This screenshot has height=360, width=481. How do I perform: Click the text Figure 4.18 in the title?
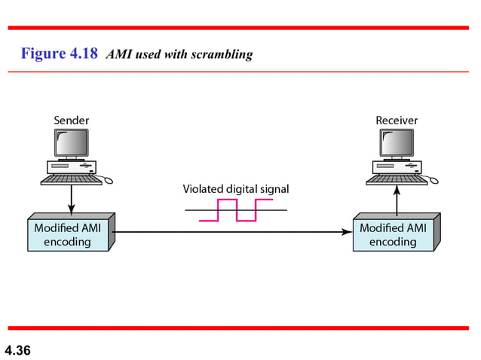60,53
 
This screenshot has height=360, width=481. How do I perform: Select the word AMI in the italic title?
119,54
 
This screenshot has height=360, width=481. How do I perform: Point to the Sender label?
71,120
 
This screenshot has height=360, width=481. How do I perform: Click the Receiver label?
397,120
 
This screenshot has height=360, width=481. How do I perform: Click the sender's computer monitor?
71,142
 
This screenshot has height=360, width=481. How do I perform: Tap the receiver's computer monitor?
397,142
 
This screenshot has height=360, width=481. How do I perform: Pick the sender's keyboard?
70,179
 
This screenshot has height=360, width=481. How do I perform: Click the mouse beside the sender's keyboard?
108,180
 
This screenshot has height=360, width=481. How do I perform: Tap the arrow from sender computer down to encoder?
71,200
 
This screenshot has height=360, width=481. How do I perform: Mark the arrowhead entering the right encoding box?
347,232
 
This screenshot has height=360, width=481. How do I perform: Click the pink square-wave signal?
236,211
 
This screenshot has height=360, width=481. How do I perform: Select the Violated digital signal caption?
236,189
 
